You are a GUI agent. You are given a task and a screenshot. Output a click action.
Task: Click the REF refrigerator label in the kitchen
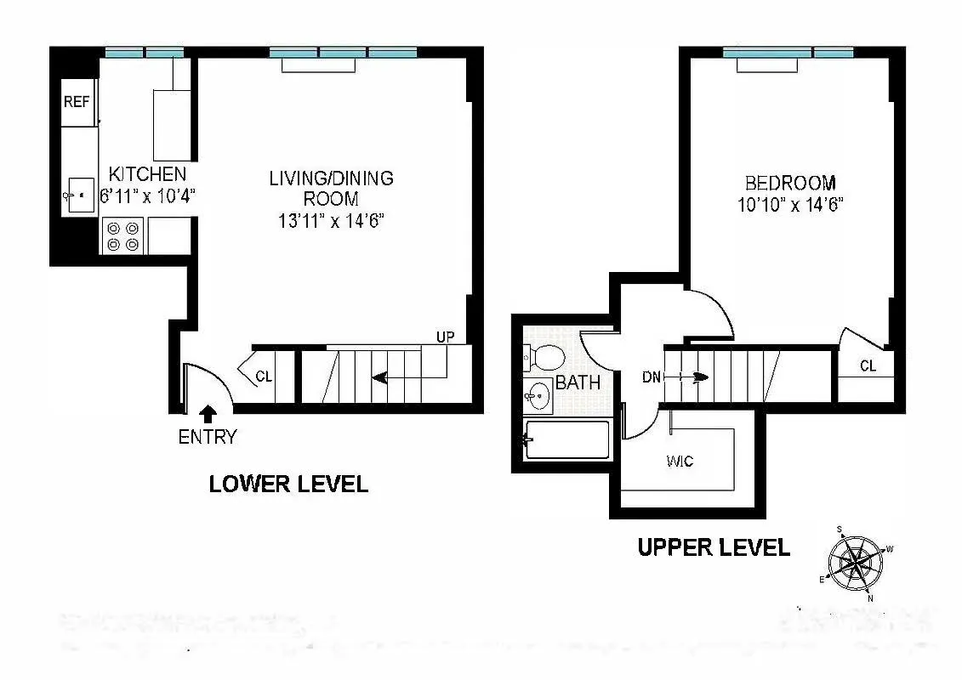76,102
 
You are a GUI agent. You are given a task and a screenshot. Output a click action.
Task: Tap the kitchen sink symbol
79,195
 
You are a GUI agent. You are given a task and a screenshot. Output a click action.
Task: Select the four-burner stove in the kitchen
123,235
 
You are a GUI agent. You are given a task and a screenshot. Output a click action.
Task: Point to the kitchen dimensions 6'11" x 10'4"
149,195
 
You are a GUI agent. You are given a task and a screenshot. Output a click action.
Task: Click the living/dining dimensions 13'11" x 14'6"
331,222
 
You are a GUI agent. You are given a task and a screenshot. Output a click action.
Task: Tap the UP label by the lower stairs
445,337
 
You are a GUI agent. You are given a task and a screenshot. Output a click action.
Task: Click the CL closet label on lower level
264,376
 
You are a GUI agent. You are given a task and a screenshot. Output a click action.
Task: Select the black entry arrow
207,414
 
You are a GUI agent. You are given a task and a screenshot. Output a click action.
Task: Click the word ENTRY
207,438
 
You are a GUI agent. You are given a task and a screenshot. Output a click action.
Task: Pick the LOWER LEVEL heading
288,484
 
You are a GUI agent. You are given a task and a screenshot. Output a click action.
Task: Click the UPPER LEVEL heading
714,547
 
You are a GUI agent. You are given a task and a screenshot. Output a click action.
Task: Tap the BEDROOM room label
790,183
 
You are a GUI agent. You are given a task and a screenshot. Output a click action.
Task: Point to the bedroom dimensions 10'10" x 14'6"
791,205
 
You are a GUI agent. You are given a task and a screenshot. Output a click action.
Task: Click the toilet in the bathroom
542,357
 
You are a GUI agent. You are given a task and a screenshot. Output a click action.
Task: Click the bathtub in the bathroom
567,439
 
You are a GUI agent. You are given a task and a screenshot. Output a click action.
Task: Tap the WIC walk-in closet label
680,462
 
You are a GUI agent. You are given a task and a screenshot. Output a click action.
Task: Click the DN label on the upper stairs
652,377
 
